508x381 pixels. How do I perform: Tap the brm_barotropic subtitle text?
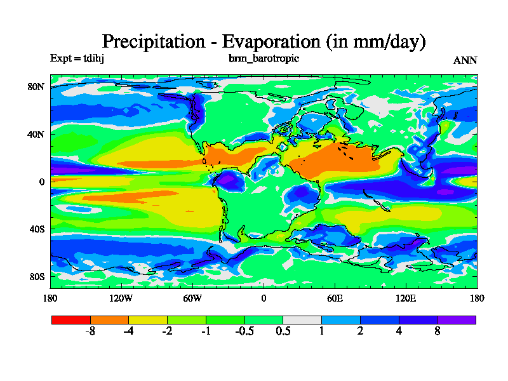(264, 58)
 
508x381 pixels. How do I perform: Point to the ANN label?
(465, 60)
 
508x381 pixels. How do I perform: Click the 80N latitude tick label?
(36, 86)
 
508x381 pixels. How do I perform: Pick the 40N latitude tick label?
(36, 134)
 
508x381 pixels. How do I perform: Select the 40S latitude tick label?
(37, 229)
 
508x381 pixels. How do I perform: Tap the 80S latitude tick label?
(37, 276)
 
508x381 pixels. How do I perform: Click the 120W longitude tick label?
(121, 298)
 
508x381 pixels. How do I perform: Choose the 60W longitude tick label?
(192, 298)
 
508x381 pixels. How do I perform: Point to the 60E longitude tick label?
(335, 298)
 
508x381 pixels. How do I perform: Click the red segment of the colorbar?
(70, 319)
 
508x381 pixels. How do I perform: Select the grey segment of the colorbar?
(302, 319)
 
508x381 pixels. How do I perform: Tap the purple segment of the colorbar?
(457, 319)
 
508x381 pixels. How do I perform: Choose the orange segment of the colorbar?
(109, 319)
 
